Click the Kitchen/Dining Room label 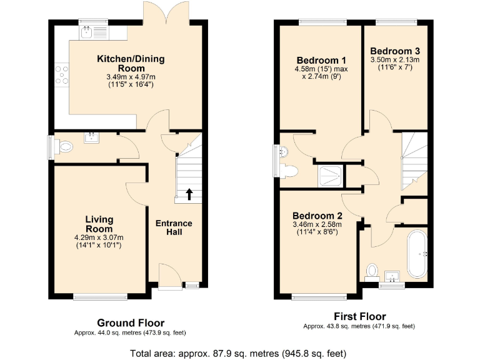(131, 64)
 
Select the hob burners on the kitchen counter (62, 74)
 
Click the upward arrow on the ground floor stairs (189, 194)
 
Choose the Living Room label (99, 224)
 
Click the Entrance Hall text (174, 228)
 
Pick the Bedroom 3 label (394, 51)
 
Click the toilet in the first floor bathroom (372, 271)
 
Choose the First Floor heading (359, 316)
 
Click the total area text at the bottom (238, 353)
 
